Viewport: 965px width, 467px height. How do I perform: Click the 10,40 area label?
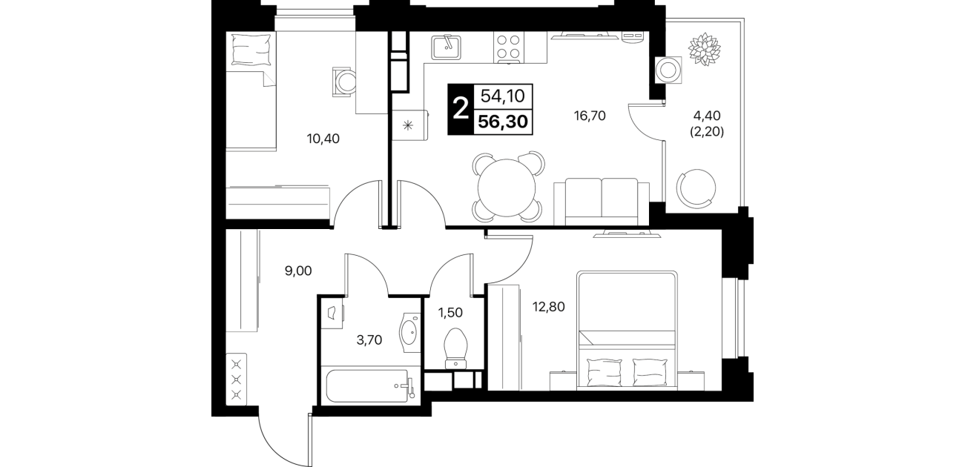pos(323,139)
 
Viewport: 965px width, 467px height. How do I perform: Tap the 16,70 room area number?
pos(590,116)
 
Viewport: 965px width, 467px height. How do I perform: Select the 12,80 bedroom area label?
pos(548,308)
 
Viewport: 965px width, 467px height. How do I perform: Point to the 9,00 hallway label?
pos(298,271)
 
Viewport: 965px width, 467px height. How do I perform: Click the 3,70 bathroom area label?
pos(369,340)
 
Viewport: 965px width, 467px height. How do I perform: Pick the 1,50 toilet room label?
pos(450,313)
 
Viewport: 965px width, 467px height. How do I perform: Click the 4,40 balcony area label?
pos(707,116)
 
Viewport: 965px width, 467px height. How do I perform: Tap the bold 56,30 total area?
pos(503,122)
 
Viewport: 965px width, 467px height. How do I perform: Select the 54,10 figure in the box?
pos(503,96)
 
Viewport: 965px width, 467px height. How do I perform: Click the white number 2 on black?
pos(461,109)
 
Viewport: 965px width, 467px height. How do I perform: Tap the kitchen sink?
pos(447,47)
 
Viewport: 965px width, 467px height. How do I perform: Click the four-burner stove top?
pos(508,47)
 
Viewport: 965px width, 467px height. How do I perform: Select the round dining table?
pos(507,188)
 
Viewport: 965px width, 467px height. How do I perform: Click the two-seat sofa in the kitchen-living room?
pos(602,202)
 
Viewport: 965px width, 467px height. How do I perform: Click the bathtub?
pos(366,385)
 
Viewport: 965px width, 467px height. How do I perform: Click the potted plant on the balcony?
pos(704,49)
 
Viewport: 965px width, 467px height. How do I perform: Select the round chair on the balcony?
pos(696,188)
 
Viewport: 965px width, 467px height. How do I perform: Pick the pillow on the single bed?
pos(251,50)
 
